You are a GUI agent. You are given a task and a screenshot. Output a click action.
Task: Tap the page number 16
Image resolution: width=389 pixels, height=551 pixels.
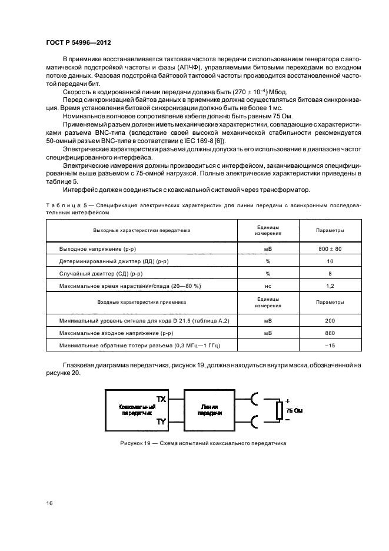(x=49, y=504)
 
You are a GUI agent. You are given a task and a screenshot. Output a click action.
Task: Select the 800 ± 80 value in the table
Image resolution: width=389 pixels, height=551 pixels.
(x=330, y=250)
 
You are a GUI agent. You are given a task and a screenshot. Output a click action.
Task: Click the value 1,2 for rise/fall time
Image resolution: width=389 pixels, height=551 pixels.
(x=330, y=286)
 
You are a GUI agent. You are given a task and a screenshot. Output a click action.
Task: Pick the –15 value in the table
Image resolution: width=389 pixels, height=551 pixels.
(x=330, y=345)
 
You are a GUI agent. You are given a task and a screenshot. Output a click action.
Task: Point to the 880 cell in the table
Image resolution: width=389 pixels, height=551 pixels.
(x=330, y=333)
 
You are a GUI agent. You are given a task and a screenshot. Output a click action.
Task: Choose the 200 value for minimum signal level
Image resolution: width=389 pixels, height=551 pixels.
(x=330, y=321)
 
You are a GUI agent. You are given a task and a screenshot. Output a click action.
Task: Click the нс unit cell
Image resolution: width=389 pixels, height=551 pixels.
(x=268, y=286)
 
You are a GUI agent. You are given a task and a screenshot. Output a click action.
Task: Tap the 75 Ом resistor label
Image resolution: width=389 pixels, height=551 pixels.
(x=294, y=409)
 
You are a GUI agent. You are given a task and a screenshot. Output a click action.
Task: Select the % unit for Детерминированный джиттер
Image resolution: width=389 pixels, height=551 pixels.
(x=268, y=261)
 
